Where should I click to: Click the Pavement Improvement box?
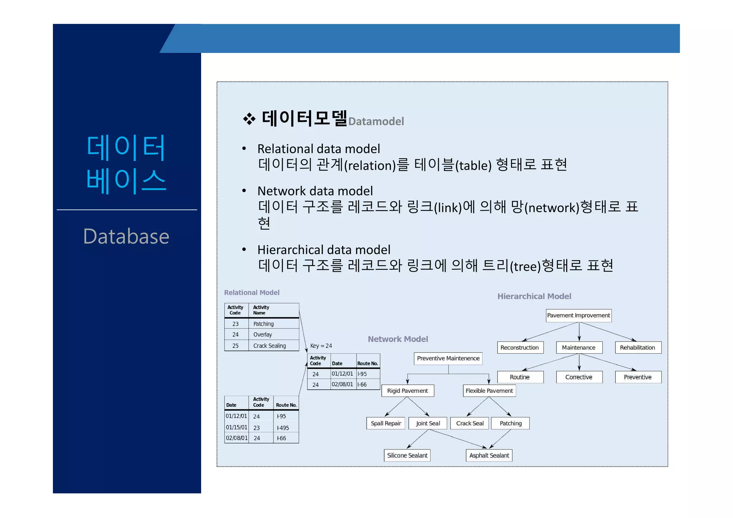click(578, 315)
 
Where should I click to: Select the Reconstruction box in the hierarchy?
click(520, 347)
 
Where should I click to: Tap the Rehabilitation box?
click(638, 347)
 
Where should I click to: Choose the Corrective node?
click(579, 377)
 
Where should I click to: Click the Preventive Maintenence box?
click(448, 358)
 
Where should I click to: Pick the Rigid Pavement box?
click(407, 391)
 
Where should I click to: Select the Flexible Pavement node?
click(489, 391)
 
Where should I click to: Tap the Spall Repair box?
click(386, 423)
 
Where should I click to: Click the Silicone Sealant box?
click(407, 455)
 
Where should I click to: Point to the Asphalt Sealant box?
click(489, 455)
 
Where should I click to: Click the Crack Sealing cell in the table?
click(270, 346)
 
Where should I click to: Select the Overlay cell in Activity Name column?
click(263, 335)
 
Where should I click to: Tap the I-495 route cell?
click(283, 428)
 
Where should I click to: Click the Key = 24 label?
click(321, 346)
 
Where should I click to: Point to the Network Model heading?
click(398, 339)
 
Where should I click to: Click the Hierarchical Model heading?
click(534, 296)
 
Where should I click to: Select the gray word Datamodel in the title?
click(376, 122)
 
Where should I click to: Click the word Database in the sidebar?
click(126, 236)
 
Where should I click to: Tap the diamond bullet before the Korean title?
click(249, 119)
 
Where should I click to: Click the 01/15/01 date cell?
click(236, 427)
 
